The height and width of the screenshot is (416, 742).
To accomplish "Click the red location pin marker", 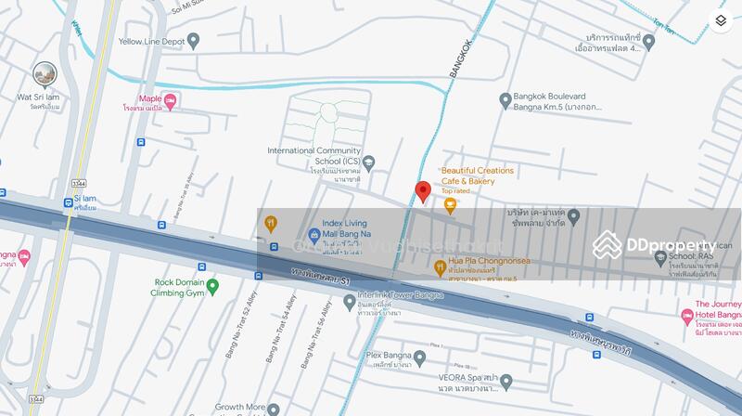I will (422, 190).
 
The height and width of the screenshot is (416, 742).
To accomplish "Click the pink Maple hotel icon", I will (171, 98).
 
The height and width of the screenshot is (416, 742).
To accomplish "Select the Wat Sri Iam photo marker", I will (45, 74).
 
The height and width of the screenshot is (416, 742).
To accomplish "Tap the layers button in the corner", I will (721, 20).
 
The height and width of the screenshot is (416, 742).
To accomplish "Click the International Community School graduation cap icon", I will (368, 163).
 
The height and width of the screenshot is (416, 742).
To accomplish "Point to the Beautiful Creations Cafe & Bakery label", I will (477, 176).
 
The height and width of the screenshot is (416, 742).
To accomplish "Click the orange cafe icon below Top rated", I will (450, 207).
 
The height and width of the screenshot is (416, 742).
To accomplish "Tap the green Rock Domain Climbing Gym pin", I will (212, 285).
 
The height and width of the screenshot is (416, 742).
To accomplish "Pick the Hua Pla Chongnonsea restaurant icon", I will (441, 267).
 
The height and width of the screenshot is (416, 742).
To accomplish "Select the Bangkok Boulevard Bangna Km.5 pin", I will (505, 99).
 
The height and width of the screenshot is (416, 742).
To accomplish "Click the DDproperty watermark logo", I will (655, 245).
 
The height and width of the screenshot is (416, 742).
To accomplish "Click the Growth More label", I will (240, 408).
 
